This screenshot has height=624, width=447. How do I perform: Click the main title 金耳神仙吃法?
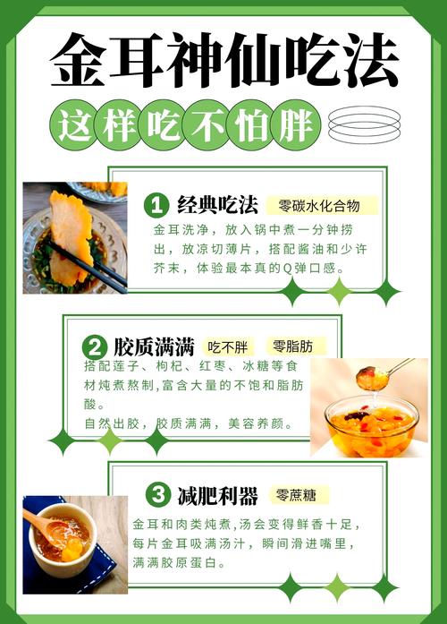[223, 61]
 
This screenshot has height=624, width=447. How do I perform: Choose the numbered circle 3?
[156, 494]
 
